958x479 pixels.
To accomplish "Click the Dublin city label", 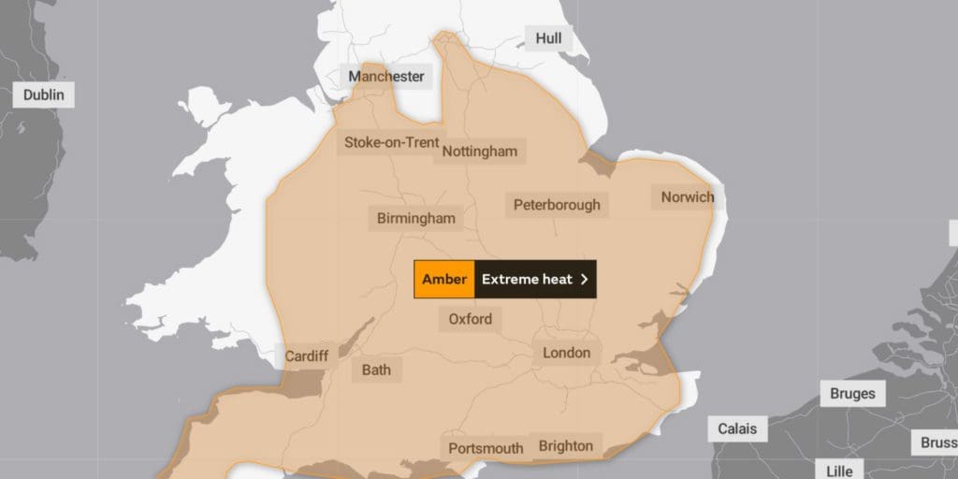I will click(43, 94).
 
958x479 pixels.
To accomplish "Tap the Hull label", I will click(548, 38).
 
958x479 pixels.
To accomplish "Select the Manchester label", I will click(386, 77).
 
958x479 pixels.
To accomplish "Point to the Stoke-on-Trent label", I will click(391, 143).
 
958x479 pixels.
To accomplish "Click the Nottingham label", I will click(480, 152).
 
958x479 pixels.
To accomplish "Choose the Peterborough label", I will click(557, 205).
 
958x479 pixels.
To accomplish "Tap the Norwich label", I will click(687, 197).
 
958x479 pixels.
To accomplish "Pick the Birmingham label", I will click(415, 219).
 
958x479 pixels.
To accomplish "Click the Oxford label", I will click(470, 319).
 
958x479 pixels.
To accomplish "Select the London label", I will click(567, 353).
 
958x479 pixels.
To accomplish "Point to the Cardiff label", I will click(307, 356).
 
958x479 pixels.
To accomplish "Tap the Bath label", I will click(376, 370).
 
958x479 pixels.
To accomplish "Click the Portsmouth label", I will click(485, 449).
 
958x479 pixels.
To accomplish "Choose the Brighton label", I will click(565, 446).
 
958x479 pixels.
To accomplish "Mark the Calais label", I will click(737, 429).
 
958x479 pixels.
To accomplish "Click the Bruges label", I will click(852, 394).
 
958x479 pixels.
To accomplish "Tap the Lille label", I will click(839, 471).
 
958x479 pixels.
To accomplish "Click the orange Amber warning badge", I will click(444, 279).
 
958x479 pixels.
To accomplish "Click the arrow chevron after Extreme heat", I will click(585, 279).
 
